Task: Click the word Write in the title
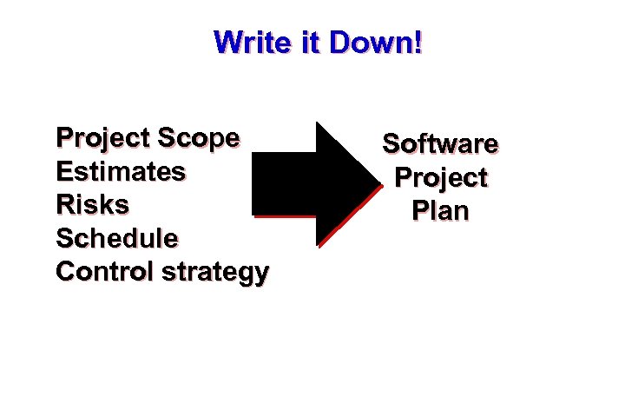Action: (251, 42)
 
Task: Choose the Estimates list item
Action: (121, 171)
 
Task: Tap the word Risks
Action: (92, 205)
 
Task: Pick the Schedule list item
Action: (117, 238)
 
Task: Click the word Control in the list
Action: (104, 271)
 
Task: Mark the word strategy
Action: (215, 273)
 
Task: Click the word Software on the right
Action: (440, 143)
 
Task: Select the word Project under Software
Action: (440, 178)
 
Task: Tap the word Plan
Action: (440, 211)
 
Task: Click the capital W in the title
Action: (228, 42)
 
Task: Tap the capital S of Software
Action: (391, 143)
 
